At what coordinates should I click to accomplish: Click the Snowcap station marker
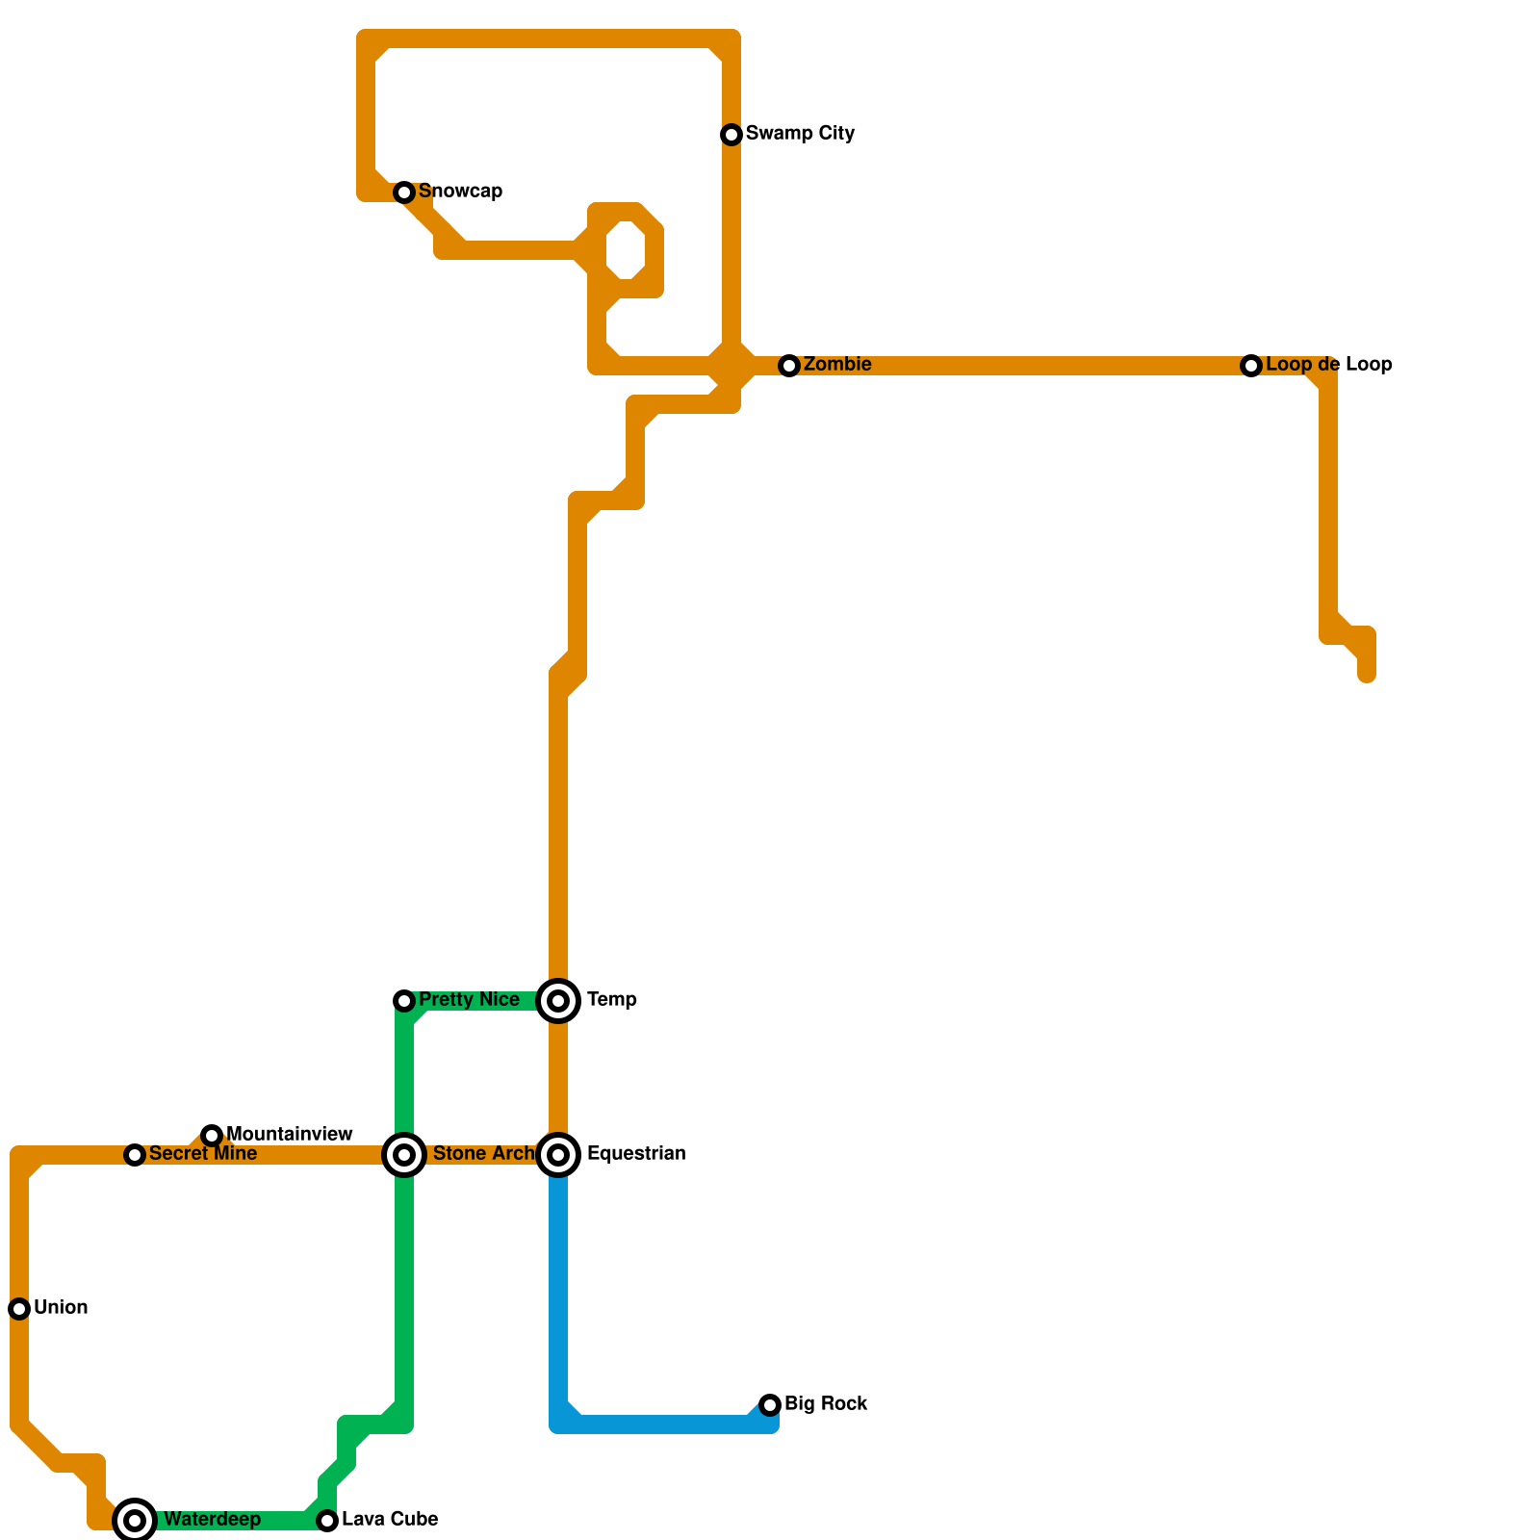pos(404,192)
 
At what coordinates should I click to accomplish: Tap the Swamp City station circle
pos(731,135)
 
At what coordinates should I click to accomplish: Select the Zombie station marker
pos(789,366)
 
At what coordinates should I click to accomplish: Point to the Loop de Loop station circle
pos(1251,366)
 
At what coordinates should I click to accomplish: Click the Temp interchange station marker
pos(558,1001)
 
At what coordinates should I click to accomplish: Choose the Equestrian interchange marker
pos(558,1155)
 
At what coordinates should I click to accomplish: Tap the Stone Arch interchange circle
pos(404,1155)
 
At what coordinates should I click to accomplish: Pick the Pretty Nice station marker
pos(404,1001)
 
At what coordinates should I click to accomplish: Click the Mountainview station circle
pos(212,1136)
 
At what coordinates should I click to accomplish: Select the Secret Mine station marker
pos(135,1155)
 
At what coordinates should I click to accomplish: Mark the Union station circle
pos(19,1309)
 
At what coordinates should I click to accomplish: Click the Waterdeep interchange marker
pos(135,1521)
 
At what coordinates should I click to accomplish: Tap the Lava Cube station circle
pos(327,1521)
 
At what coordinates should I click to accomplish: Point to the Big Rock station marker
pos(770,1405)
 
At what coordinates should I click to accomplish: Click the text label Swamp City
pos(800,134)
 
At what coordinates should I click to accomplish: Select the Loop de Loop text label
pos(1328,365)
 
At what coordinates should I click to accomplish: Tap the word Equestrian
pos(635,1154)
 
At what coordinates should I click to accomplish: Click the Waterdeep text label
pos(212,1520)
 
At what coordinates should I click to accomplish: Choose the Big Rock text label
pos(826,1404)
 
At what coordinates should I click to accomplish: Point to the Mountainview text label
pos(289,1135)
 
